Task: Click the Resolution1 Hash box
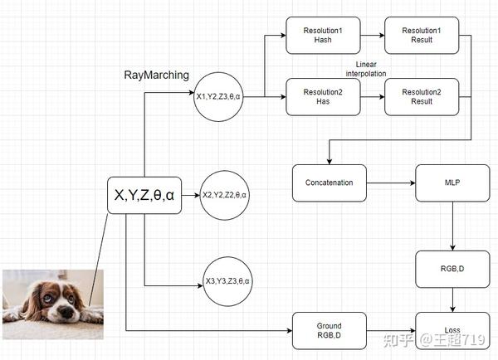(323, 35)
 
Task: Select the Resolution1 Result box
(422, 35)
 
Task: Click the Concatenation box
(329, 182)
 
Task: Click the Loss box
(452, 330)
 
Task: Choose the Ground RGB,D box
(329, 330)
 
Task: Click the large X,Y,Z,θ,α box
(144, 196)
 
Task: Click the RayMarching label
(156, 75)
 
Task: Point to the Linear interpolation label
(371, 68)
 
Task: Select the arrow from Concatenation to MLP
(390, 182)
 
